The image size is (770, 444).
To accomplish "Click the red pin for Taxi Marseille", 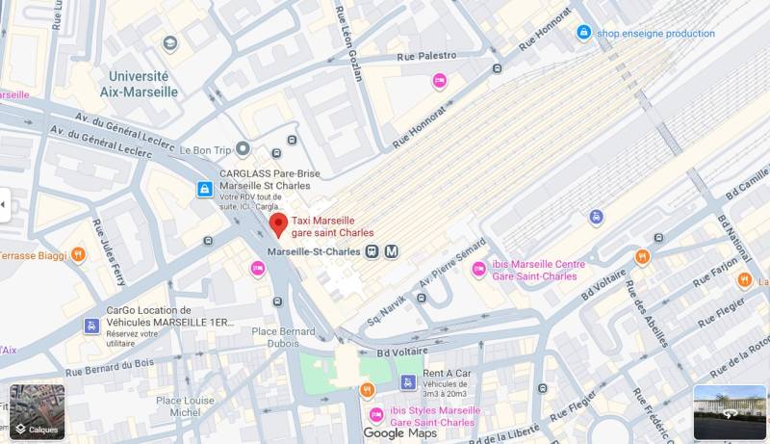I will coord(277,225).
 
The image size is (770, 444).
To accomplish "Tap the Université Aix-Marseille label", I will coord(140,84).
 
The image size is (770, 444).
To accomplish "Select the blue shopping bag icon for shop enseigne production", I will coord(583,33).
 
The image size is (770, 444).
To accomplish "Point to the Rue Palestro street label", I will coord(423,56).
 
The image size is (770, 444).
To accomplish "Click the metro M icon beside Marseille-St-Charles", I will coord(392,251).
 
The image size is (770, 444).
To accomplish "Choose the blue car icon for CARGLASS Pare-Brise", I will coord(204,189).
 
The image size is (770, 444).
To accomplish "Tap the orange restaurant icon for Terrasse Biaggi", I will coord(78,255).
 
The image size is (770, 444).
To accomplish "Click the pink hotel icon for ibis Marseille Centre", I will coord(478,269).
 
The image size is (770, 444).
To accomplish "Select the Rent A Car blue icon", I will coord(407,382).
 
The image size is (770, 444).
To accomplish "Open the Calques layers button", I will coord(37,411).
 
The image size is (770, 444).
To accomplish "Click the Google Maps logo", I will coord(399,433).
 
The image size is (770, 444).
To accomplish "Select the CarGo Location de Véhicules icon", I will coord(91,326).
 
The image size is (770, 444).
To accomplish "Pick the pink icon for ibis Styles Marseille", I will coord(375,415).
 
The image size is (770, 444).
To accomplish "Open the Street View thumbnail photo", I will coord(730,412).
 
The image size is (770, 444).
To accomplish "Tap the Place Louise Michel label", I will coord(186,405).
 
